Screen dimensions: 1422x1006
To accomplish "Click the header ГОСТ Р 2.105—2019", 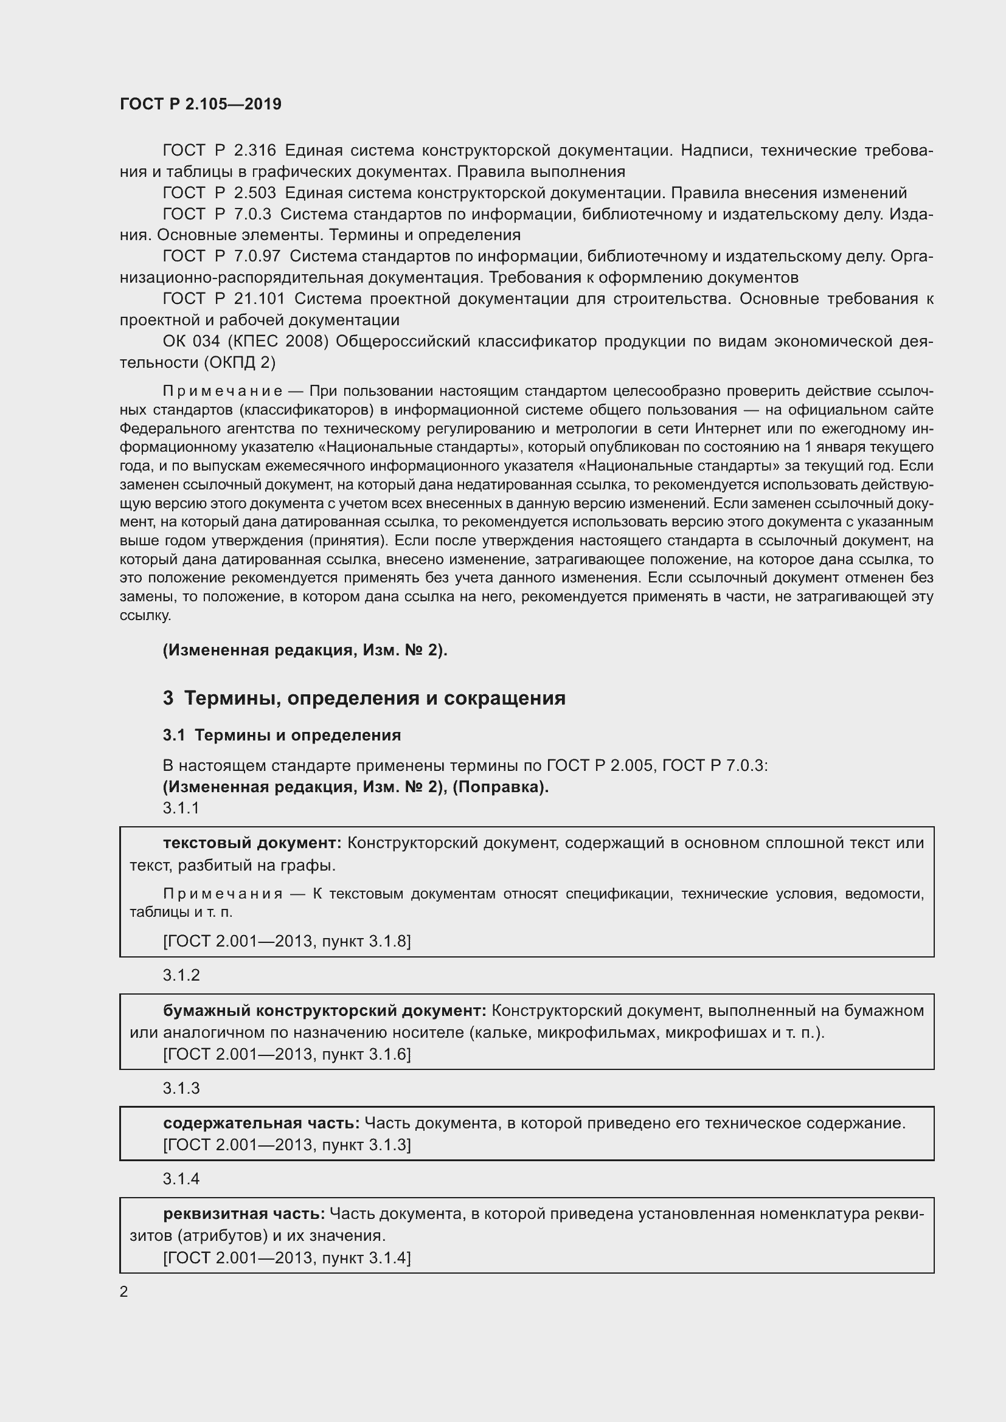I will coord(200,104).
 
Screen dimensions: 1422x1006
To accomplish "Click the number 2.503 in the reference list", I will coord(255,193).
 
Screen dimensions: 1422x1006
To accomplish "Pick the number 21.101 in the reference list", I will coord(259,299).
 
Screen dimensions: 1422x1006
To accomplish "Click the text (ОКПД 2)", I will coord(239,362).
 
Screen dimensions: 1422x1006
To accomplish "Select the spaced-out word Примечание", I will coord(223,391).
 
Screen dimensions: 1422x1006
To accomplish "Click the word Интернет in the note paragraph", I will coord(730,429).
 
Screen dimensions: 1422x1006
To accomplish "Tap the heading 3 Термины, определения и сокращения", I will coord(364,698).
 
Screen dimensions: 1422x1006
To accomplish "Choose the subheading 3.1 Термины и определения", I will coord(282,735).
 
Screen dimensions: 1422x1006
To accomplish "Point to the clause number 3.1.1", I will coord(181,807).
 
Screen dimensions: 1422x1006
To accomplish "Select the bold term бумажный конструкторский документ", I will coord(324,1011).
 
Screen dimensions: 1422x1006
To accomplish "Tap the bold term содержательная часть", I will coord(261,1123).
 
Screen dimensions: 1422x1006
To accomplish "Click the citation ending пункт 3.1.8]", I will coord(371,941).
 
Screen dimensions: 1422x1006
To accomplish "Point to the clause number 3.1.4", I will coord(181,1179).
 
